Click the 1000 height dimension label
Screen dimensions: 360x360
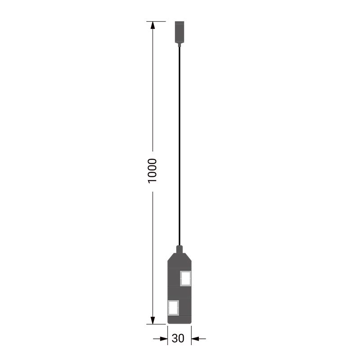tap(152, 171)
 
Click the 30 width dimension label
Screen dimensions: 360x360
tap(178, 338)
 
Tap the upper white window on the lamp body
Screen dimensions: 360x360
tap(185, 279)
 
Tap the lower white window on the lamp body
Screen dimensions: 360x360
tap(173, 308)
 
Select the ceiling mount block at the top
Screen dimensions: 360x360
tap(180, 31)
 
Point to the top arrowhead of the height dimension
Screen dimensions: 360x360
tap(153, 25)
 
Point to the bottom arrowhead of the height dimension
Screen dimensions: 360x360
tap(153, 320)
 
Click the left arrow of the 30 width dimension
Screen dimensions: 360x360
tap(160, 338)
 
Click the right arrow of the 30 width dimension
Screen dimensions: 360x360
tap(198, 338)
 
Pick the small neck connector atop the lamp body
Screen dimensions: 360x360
tap(180, 249)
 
